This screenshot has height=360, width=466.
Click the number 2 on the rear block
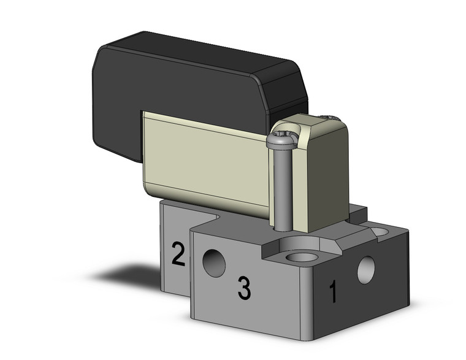click(x=178, y=254)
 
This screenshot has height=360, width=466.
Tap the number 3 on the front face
click(x=244, y=289)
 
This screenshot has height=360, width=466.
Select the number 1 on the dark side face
click(x=333, y=293)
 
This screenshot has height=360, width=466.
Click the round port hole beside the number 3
click(x=214, y=263)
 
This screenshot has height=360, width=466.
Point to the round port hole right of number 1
click(x=366, y=270)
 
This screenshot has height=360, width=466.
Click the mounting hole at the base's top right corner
click(x=379, y=232)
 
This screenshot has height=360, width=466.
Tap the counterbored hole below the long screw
click(x=301, y=256)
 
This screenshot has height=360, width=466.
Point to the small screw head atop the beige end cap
click(x=329, y=117)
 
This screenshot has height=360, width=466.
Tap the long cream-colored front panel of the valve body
click(x=205, y=163)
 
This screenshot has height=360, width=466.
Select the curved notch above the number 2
click(x=216, y=218)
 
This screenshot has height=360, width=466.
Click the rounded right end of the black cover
click(x=294, y=92)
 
